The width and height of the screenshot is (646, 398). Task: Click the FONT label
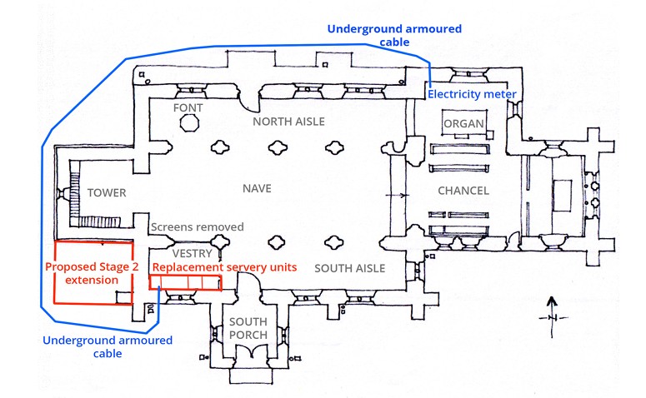pyautogui.click(x=188, y=109)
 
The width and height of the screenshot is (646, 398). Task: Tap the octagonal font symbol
pyautogui.click(x=189, y=123)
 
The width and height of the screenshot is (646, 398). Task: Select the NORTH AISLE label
pyautogui.click(x=288, y=122)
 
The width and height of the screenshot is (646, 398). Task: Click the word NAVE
pyautogui.click(x=257, y=188)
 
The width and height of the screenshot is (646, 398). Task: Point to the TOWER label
pyautogui.click(x=107, y=193)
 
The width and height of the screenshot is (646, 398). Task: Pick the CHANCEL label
pyautogui.click(x=463, y=192)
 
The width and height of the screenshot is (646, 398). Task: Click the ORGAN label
pyautogui.click(x=463, y=124)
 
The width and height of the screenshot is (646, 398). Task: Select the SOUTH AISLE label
pyautogui.click(x=349, y=268)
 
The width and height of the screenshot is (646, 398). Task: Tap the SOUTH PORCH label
pyautogui.click(x=249, y=329)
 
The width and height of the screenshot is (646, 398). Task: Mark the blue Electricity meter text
pyautogui.click(x=472, y=94)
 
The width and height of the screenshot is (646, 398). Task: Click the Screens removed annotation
pyautogui.click(x=197, y=226)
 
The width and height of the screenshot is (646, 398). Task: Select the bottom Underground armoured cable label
pyautogui.click(x=107, y=346)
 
